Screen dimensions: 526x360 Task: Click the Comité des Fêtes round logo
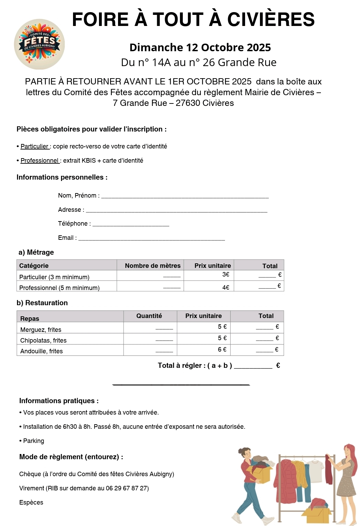pos(39,44)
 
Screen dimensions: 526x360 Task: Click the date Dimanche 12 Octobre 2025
pos(200,47)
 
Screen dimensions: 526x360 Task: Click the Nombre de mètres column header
pos(153,265)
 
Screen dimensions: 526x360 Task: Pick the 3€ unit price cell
pos(226,274)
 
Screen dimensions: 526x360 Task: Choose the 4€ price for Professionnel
pos(226,287)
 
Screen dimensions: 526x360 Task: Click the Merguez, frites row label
pos(41,329)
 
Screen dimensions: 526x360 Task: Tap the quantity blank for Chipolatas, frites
pos(164,339)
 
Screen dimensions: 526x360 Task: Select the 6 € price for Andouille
pos(222,350)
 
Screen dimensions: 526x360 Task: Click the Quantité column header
pos(149,316)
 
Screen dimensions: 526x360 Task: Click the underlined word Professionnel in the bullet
pos(39,161)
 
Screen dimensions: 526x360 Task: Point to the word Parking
pos(34,441)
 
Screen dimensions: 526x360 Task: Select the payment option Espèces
pos(31,502)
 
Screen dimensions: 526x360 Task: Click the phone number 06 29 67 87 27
pos(127,488)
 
